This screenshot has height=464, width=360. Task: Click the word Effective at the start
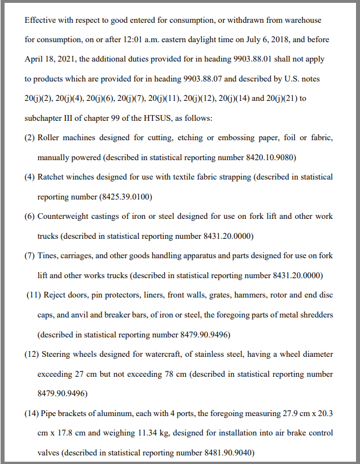click(x=41, y=20)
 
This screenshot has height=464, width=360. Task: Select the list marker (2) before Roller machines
click(x=30, y=138)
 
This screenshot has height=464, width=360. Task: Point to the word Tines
click(x=48, y=256)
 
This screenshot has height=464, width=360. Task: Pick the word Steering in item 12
click(x=56, y=355)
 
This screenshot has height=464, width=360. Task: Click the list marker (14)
click(x=31, y=413)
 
